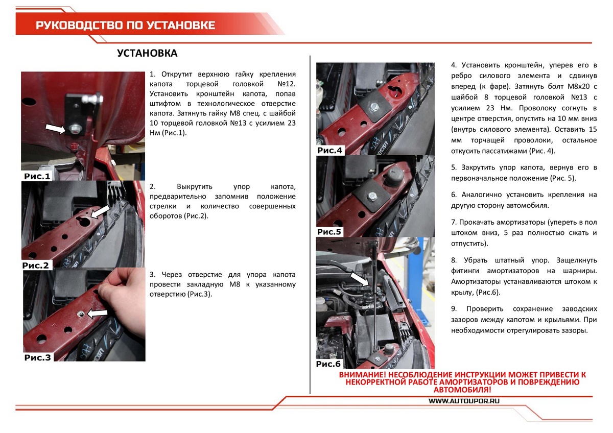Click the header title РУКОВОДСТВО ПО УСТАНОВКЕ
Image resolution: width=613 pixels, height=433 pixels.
click(x=125, y=26)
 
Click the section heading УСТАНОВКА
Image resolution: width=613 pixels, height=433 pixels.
click(x=147, y=54)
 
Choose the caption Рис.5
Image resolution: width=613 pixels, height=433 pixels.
click(x=329, y=232)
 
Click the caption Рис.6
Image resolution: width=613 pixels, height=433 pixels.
click(x=328, y=364)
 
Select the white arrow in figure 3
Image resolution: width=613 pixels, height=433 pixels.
click(x=97, y=312)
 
